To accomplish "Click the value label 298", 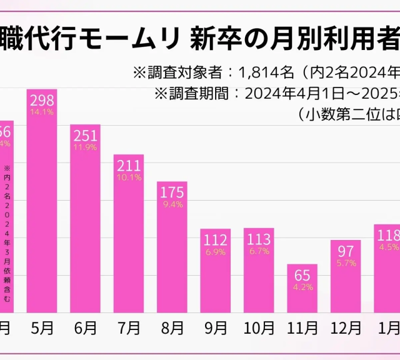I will click(41, 101).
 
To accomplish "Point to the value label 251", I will click(85, 136).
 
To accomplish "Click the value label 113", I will click(259, 239).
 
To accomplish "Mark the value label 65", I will click(302, 275).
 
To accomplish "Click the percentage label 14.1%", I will click(41, 112).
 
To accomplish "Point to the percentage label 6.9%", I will click(215, 251).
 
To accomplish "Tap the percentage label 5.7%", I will click(346, 263).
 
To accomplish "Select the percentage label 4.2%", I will click(302, 287).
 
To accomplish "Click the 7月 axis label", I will click(128, 327).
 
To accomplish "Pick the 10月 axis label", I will click(259, 327).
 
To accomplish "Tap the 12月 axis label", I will click(346, 327).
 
